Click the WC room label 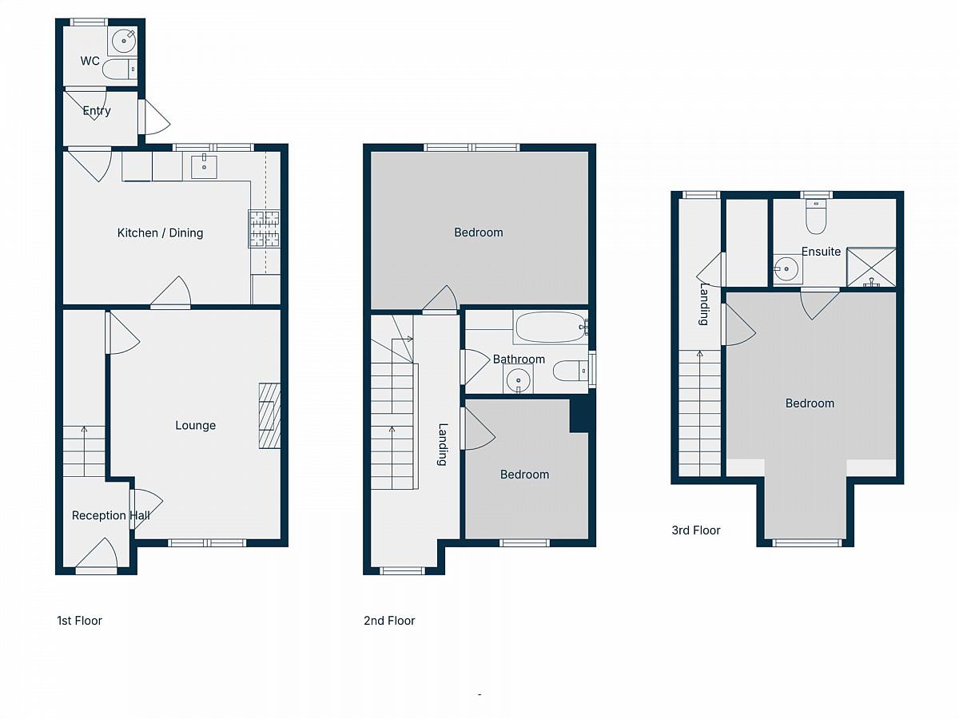tap(90, 62)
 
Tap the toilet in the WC tap(119, 70)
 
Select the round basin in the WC tap(124, 42)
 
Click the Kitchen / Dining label tap(160, 233)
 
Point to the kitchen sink tap(204, 166)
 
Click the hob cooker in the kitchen tap(265, 228)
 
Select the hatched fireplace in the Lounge tap(269, 416)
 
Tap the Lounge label tap(195, 425)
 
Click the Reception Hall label tap(111, 515)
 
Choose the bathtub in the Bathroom tap(551, 327)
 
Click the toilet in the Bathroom tap(571, 371)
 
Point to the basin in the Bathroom tap(518, 379)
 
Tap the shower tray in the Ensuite tap(871, 267)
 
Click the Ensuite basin tap(786, 268)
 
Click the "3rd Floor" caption tap(696, 530)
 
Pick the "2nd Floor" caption tap(389, 621)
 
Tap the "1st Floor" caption tap(79, 621)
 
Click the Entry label tap(97, 111)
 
